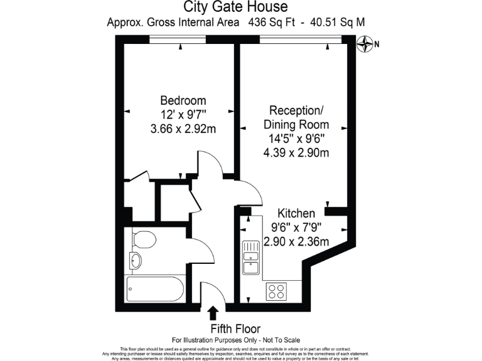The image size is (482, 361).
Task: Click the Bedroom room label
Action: click(183, 100)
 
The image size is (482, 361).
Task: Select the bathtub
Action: click(155, 289)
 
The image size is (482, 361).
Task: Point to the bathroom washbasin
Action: click(136, 260)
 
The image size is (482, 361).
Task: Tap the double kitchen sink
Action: click(251, 258)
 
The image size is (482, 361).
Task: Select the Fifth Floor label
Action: click(235, 328)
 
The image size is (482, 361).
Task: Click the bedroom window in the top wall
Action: click(178, 40)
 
